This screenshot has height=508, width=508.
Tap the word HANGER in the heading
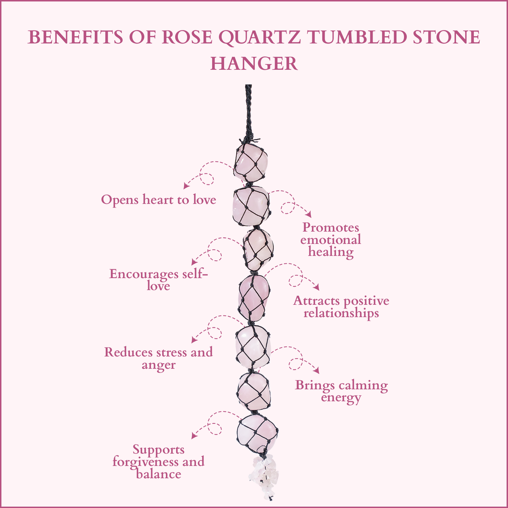point(254,63)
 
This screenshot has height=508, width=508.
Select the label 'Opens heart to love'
point(159,199)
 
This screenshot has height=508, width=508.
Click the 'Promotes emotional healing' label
point(331,240)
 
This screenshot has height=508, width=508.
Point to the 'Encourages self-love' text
point(159,280)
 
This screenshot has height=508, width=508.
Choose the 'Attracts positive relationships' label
point(341,307)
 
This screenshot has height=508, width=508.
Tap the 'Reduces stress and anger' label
point(159,358)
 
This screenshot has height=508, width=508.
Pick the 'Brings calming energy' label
point(341,391)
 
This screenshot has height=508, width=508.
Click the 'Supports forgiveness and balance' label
point(159,461)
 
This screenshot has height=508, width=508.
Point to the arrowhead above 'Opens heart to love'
point(185,186)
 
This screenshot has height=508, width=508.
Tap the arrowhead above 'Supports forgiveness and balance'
point(194,436)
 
